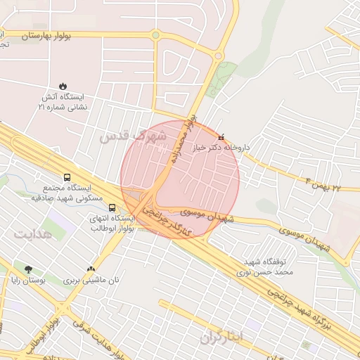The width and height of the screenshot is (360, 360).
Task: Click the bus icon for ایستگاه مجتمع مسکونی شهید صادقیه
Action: [x=67, y=178]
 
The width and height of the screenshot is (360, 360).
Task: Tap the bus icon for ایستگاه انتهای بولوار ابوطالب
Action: [x=112, y=207]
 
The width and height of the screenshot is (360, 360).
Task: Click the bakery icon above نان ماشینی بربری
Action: [x=91, y=269]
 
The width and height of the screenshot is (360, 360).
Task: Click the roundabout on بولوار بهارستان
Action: [x=155, y=34]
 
